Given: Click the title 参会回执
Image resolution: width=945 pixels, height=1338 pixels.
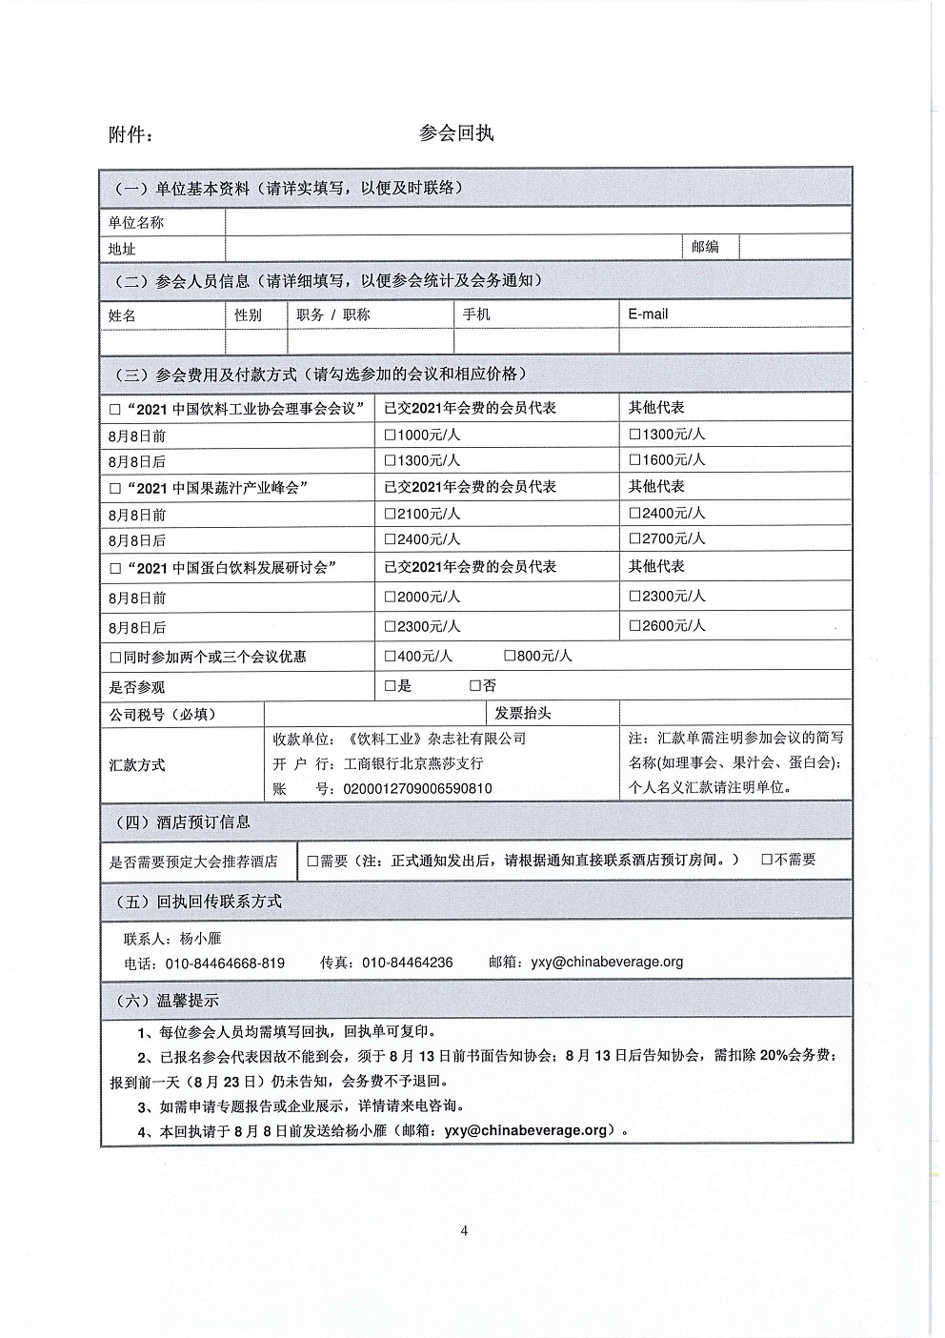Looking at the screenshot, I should [x=456, y=133].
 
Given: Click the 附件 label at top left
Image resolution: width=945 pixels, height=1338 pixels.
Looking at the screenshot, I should [x=131, y=135].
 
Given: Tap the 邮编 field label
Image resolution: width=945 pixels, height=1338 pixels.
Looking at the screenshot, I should [x=705, y=247].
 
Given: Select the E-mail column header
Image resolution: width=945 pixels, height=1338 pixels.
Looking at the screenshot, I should [x=648, y=314].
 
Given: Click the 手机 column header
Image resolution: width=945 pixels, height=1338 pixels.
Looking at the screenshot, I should [x=476, y=314].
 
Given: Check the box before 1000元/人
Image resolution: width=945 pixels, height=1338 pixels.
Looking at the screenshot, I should [x=390, y=435].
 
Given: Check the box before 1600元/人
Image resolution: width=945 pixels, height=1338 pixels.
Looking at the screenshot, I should [x=635, y=460].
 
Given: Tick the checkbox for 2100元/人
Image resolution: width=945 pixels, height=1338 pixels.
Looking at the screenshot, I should [x=390, y=514].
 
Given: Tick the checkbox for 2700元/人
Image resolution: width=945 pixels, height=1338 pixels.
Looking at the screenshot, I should [x=635, y=539].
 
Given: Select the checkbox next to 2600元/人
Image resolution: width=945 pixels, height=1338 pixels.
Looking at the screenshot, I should [x=635, y=626].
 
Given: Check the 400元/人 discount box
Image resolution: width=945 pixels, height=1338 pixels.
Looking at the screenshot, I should [x=390, y=657].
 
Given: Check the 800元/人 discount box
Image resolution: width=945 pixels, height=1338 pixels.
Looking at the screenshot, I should [x=510, y=657].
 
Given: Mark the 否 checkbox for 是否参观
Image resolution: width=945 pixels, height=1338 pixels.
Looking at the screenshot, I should [x=475, y=686].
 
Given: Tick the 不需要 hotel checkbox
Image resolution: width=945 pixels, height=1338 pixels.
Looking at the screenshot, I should [x=767, y=860].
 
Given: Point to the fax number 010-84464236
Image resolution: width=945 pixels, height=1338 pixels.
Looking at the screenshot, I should [x=407, y=963].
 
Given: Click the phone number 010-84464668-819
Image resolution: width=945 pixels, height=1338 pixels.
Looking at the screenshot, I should [x=225, y=963].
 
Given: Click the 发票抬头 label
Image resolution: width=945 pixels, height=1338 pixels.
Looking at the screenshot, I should [x=522, y=713].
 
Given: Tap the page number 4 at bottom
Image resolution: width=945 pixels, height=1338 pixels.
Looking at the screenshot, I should [x=464, y=1230].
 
